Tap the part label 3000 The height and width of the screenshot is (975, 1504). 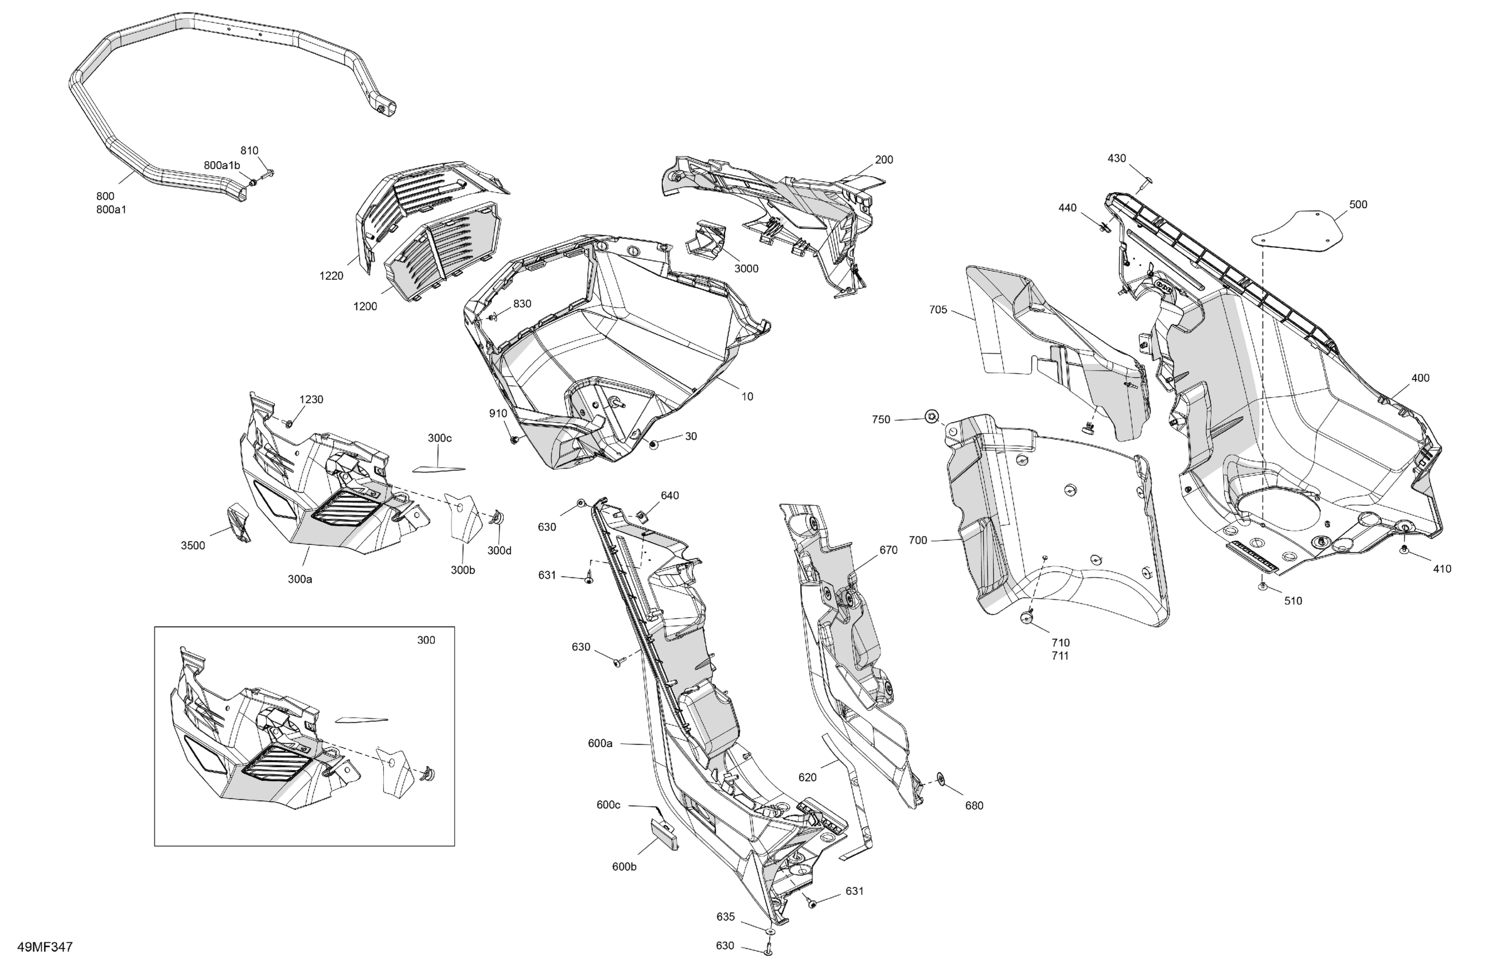(x=746, y=268)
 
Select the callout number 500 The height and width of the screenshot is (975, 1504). (x=1358, y=204)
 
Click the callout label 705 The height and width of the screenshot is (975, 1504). (x=938, y=310)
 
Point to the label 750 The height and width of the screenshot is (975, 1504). (x=881, y=420)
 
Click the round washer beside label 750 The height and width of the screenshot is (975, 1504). (x=931, y=416)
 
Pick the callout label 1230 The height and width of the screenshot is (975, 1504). (x=311, y=399)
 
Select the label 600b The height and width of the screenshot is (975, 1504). (x=624, y=866)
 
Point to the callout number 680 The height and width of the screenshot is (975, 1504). (x=974, y=806)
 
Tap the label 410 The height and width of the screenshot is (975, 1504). (x=1441, y=569)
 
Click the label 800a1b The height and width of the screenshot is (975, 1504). (x=222, y=166)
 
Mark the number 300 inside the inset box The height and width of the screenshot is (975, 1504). (x=426, y=640)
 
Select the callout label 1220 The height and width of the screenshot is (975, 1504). (x=331, y=275)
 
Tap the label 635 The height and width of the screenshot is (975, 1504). (x=726, y=917)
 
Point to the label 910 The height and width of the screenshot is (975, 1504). (x=498, y=414)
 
